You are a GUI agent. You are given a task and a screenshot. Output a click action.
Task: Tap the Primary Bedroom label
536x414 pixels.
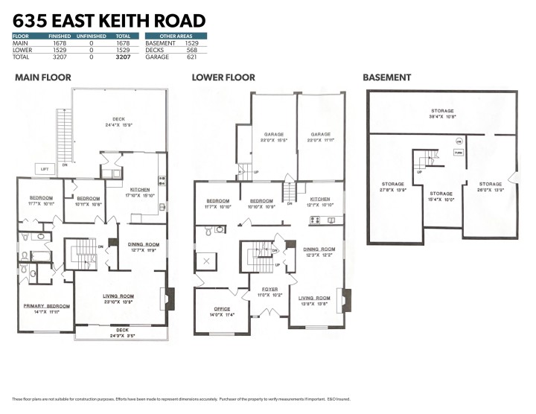point(48,309)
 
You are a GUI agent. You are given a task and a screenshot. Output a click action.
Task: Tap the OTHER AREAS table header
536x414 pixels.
point(176,36)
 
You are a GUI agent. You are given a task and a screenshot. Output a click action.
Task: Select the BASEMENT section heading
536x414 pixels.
point(386,77)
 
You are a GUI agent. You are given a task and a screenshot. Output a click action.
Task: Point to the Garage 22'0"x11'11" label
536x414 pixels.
point(321,137)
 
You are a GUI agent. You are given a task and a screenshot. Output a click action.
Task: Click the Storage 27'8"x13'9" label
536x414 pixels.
point(393,187)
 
